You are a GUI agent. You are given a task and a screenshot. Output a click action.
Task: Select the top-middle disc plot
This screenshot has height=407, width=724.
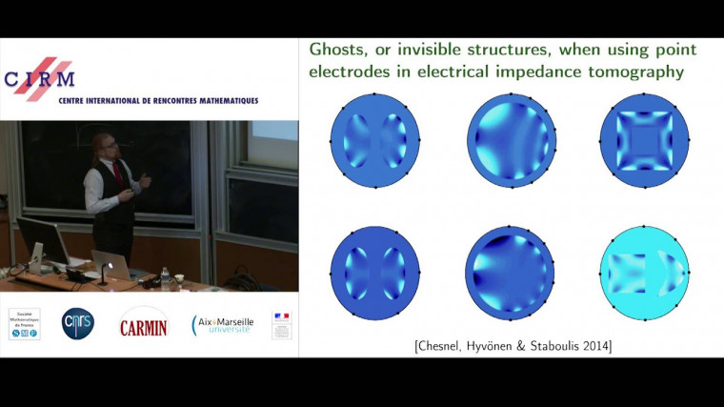click(511, 141)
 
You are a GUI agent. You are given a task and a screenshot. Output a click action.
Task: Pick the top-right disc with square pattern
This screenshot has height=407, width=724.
click(645, 141)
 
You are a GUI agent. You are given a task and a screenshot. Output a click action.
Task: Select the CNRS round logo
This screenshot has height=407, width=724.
click(77, 324)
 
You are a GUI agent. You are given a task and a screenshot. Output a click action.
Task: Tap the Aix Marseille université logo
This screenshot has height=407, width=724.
click(223, 325)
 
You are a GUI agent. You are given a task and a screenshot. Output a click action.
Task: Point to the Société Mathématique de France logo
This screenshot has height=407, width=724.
click(24, 324)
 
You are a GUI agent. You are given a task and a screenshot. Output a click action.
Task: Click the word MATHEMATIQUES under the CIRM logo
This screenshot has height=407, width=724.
click(220, 100)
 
